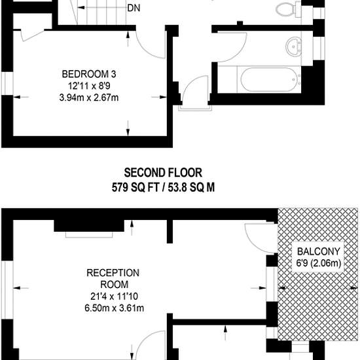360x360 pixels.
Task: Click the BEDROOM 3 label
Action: (89, 74)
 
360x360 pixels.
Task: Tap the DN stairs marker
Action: (134, 9)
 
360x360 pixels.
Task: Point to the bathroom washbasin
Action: (293, 46)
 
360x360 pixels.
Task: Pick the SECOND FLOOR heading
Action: (163, 173)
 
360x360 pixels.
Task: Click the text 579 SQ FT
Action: (135, 188)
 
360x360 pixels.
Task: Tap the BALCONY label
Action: (319, 251)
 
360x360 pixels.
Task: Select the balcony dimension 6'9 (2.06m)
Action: (319, 263)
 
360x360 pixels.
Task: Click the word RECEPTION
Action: (113, 273)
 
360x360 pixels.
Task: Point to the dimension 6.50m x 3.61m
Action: (114, 308)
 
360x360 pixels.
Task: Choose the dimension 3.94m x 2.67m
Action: (89, 98)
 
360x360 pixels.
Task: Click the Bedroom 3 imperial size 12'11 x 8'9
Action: (89, 86)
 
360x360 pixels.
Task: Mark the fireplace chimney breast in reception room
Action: (89, 226)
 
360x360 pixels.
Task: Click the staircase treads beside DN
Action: (101, 12)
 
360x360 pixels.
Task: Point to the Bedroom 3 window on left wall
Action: (7, 83)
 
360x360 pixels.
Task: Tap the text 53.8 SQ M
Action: (191, 188)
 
